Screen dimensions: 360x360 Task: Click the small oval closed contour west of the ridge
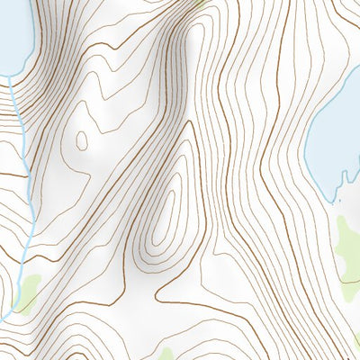tap(82, 140)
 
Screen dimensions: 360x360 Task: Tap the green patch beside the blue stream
tap(27, 292)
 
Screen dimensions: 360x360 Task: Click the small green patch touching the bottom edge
tap(166, 354)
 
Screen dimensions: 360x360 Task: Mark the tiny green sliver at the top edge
tap(200, 4)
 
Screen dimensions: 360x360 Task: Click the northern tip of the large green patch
tap(347, 216)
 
